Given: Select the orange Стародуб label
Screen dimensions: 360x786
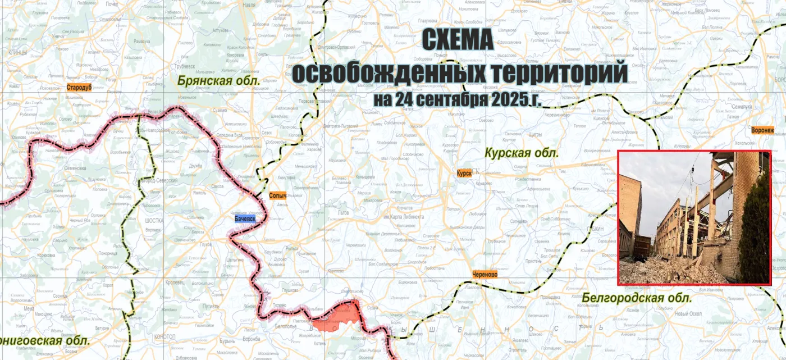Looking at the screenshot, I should tap(79, 88).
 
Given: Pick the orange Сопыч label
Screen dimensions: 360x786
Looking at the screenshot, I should tap(278, 195).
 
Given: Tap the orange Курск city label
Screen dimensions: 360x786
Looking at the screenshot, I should tap(464, 173).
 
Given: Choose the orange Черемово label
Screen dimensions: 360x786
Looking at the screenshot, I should tap(485, 275).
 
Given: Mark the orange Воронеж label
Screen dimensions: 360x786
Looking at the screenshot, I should tap(762, 130).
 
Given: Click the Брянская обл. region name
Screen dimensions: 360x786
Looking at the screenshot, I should tap(218, 81).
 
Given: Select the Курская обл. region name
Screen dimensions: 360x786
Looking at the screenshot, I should tap(522, 152).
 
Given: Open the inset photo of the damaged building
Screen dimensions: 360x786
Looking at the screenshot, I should tap(694, 217).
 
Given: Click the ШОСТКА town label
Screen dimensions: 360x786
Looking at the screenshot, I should tap(153, 220).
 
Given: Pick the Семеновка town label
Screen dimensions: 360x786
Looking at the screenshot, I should tap(74, 168).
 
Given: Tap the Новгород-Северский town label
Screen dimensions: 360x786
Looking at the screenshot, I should tap(159, 180).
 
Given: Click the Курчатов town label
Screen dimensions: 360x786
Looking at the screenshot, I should tap(404, 208).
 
